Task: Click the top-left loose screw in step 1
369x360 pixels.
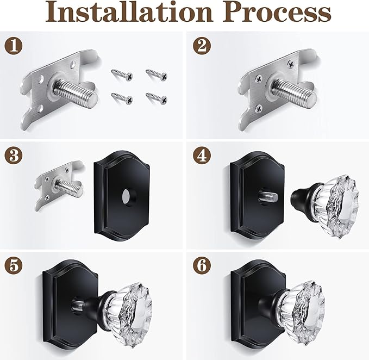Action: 121,74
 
